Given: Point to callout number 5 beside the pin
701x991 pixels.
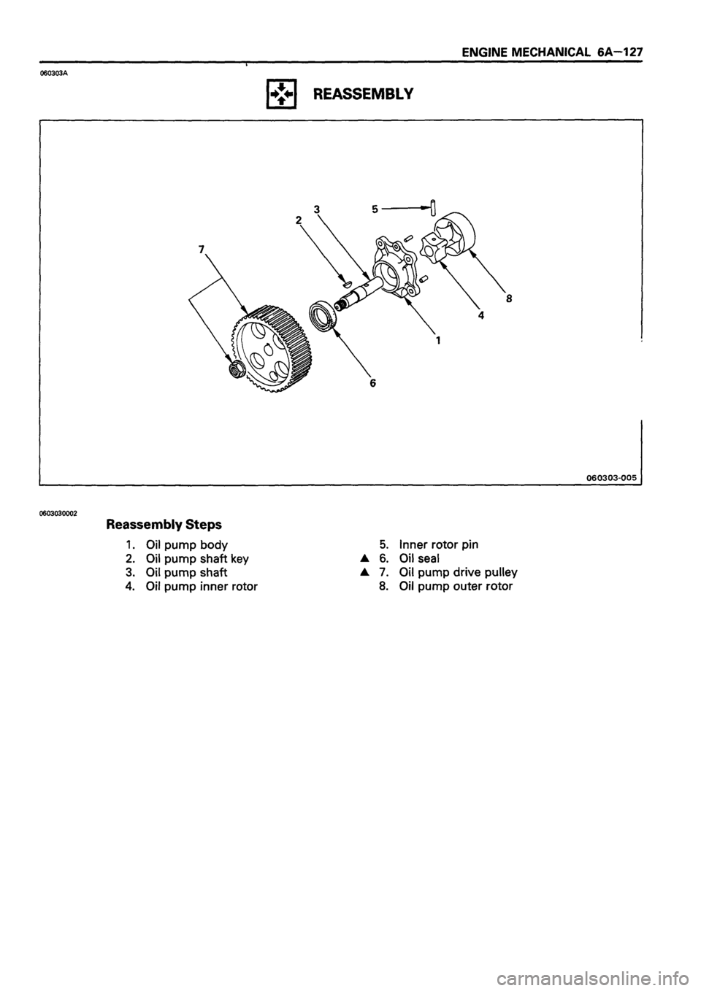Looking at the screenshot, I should click(375, 208).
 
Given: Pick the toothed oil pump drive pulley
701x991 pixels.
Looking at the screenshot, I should click(272, 340).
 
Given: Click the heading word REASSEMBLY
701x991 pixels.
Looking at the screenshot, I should click(372, 94).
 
